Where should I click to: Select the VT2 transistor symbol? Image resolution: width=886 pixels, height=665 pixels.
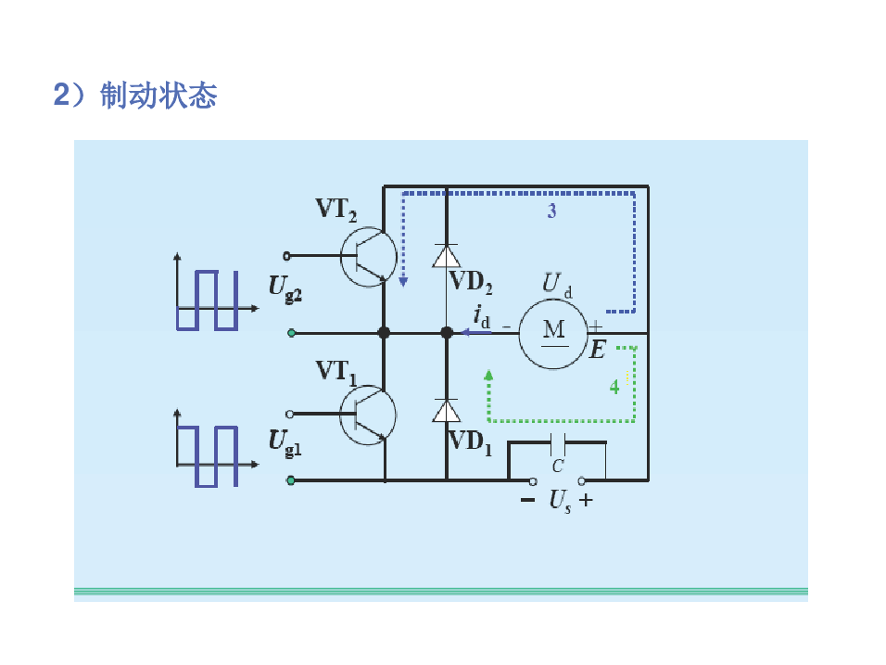368,256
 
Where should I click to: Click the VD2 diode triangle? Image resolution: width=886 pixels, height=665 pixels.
446,256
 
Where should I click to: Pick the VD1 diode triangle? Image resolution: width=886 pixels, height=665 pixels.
446,411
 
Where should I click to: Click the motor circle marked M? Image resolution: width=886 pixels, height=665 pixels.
552,331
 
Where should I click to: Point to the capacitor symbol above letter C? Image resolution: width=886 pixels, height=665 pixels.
558,443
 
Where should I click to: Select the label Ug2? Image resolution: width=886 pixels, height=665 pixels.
285,287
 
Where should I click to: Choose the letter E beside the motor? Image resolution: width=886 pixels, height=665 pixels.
598,350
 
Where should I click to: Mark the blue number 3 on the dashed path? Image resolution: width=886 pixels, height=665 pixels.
551,211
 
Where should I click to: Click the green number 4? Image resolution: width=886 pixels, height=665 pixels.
614,386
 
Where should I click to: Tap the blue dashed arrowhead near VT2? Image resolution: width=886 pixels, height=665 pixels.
403,281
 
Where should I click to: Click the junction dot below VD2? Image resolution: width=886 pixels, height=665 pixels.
446,332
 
